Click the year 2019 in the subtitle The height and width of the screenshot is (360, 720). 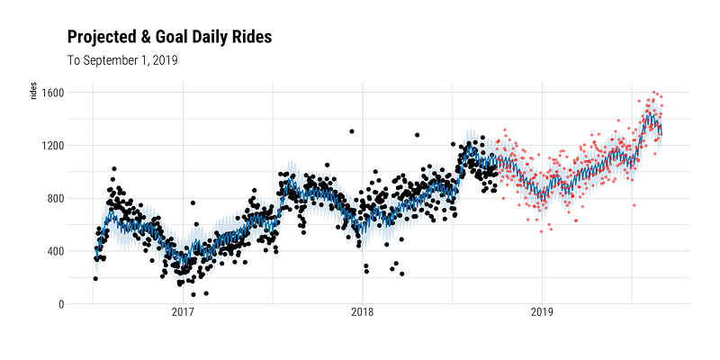pos(164,60)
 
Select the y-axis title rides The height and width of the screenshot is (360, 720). pos(34,91)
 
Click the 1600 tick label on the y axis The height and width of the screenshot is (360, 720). pos(51,93)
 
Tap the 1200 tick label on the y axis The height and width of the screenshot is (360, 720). pos(51,146)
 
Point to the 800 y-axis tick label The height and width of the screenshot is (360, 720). pos(54,198)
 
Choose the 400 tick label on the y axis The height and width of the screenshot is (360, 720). pos(54,251)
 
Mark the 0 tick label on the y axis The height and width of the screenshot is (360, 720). pos(60,304)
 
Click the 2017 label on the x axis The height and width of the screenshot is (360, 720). pos(184,314)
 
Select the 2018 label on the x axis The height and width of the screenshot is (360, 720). pos(363,314)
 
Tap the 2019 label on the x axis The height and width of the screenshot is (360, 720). pos(542,314)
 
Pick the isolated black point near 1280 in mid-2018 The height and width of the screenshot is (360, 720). pos(417,135)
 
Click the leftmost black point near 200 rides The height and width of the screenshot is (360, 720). pos(95,278)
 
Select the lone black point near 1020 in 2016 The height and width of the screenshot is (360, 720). pos(113,168)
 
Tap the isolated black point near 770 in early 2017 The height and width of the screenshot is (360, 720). pos(192,202)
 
